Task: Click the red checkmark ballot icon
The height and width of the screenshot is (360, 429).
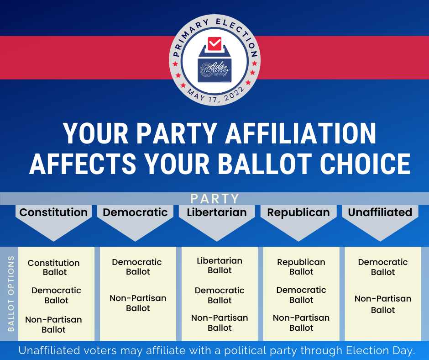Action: coord(214,44)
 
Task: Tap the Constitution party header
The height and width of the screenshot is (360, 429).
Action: coord(53,212)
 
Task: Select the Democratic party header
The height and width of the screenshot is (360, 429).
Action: coord(135,212)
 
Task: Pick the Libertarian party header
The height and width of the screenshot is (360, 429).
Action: coord(217,212)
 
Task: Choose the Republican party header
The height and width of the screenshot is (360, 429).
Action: coord(298,212)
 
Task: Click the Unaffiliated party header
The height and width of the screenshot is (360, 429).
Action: coord(380,212)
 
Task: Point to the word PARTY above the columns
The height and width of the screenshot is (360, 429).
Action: coord(215,199)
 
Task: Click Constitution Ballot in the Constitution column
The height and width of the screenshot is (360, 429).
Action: coord(54,267)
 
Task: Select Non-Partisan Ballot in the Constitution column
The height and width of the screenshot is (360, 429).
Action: coord(54,324)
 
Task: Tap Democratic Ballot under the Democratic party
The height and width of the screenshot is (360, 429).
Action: coord(137,267)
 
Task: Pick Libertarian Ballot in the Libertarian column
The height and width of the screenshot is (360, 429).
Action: coord(220,265)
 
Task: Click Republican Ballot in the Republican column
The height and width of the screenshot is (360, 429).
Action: coord(301,267)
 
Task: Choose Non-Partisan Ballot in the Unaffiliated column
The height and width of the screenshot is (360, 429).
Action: coord(383,304)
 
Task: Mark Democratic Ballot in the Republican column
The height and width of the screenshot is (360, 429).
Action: coord(301,295)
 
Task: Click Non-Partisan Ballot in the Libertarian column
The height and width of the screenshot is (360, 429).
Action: coord(220,323)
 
